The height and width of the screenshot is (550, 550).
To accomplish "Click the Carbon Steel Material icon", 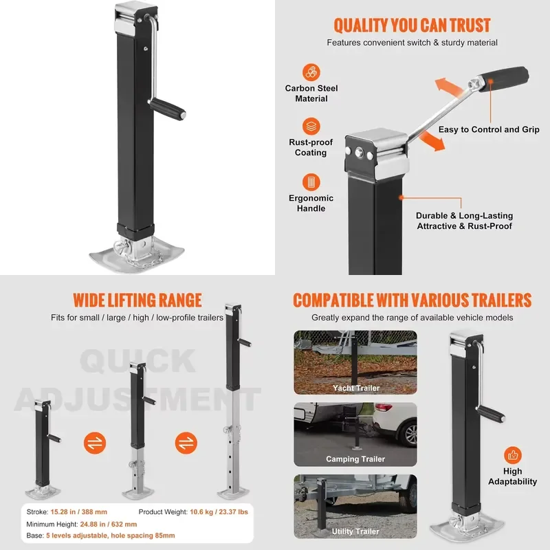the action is click(x=311, y=72).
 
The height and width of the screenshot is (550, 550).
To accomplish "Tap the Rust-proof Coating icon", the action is click(x=311, y=126).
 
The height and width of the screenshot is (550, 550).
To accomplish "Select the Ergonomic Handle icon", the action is click(x=311, y=182).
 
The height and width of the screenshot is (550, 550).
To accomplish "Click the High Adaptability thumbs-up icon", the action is click(x=512, y=455).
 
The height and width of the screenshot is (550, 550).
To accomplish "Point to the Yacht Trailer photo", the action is click(x=355, y=362).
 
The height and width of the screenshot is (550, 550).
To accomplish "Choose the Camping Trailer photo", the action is click(x=355, y=434).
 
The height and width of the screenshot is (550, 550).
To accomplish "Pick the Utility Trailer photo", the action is click(x=355, y=506).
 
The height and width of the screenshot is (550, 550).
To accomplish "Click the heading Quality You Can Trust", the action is click(x=412, y=25).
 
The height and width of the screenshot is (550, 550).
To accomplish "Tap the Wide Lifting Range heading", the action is click(x=137, y=300).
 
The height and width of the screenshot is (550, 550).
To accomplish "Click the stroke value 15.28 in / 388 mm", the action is click(x=78, y=511).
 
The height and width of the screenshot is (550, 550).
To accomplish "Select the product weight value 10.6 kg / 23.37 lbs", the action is click(x=219, y=511).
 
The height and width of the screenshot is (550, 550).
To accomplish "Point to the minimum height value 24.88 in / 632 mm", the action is click(x=109, y=524).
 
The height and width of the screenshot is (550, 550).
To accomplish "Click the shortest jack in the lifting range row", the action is click(x=43, y=449).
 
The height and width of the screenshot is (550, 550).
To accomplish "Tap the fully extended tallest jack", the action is click(x=234, y=400).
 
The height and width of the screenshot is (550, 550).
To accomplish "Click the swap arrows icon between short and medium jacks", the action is click(x=95, y=443).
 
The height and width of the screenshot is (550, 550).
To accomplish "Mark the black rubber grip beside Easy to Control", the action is click(x=504, y=80).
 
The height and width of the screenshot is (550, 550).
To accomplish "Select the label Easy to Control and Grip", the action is click(x=489, y=129).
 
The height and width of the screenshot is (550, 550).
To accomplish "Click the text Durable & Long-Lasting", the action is click(x=465, y=215).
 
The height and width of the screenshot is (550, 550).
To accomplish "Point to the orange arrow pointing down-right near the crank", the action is click(x=432, y=141).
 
